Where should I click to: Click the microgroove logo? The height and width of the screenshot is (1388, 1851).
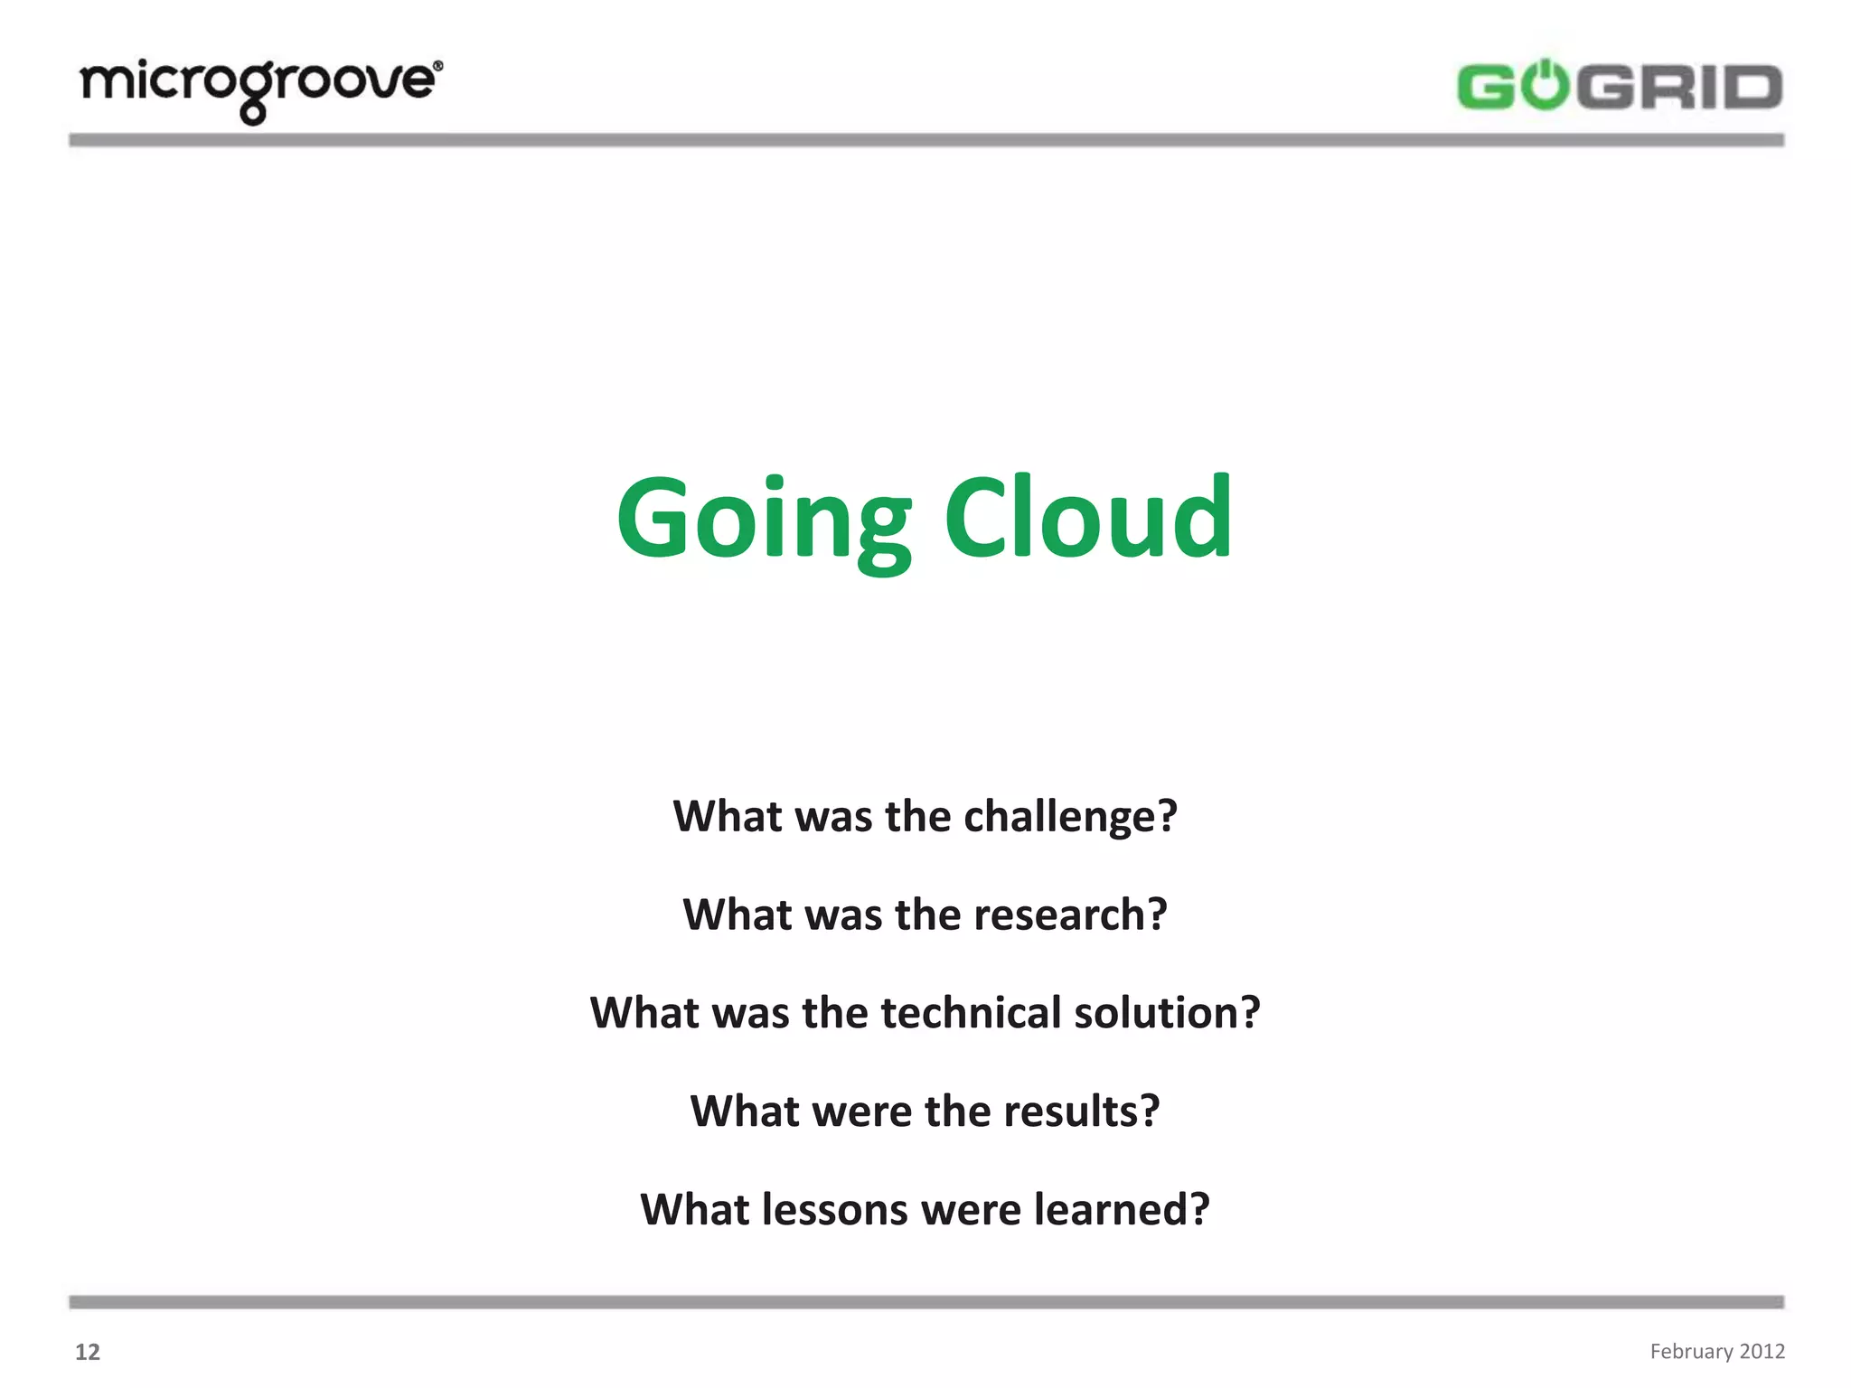(260, 89)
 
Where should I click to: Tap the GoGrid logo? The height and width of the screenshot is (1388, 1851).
(1619, 87)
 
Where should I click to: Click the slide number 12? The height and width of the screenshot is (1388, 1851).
(88, 1352)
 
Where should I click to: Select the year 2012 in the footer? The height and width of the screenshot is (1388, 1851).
(1762, 1351)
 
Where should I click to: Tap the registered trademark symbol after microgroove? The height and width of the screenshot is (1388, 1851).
(438, 66)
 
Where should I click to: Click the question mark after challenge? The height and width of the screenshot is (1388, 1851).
(1167, 816)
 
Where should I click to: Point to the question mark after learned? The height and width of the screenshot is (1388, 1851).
(1199, 1209)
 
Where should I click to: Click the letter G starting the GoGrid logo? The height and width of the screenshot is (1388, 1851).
(1486, 88)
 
